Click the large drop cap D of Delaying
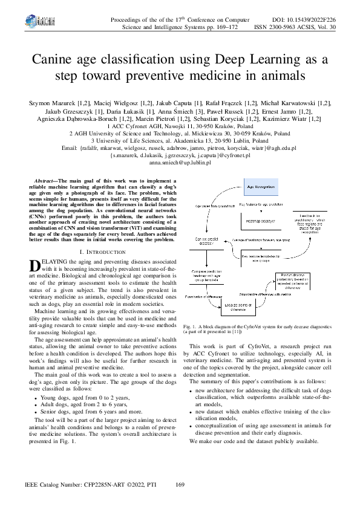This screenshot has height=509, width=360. pyautogui.click(x=34, y=264)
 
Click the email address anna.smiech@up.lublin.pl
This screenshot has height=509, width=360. pyautogui.click(x=180, y=163)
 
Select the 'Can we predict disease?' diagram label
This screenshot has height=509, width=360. pyautogui.click(x=203, y=241)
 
